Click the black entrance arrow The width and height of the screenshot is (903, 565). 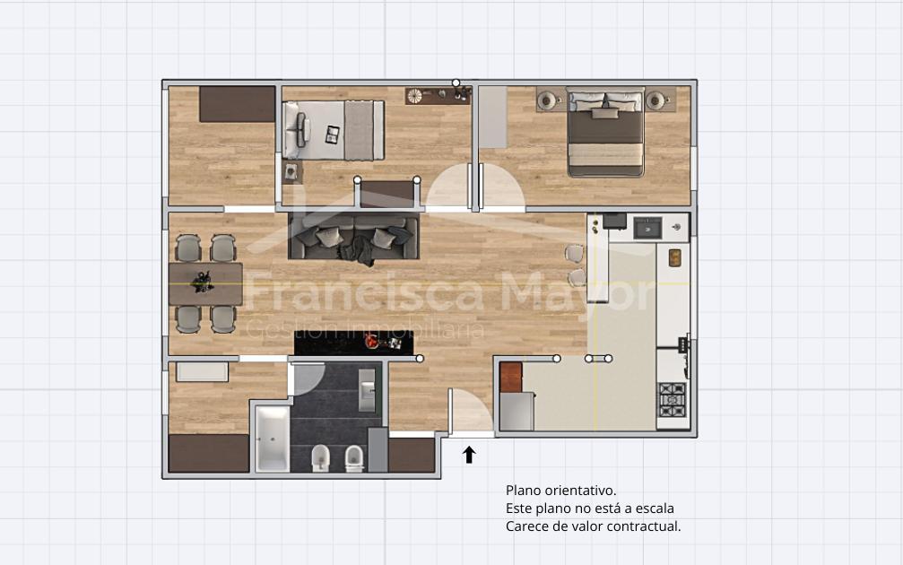469,455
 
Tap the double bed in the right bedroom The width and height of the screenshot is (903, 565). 605,132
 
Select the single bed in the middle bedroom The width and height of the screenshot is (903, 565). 334,130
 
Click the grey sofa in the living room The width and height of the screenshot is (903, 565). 353,238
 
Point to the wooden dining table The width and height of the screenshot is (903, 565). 205,284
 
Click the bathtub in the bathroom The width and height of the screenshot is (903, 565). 273,439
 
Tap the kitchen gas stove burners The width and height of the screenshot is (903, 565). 672,400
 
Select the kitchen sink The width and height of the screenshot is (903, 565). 647,228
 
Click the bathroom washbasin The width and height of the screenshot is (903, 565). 367,390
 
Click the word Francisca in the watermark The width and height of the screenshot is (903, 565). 364,292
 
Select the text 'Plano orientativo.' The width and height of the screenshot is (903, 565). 561,491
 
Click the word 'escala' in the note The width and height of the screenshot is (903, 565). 653,508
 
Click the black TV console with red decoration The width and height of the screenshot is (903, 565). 354,343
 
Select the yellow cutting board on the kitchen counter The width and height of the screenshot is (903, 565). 675,257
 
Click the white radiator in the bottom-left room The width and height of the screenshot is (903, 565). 202,371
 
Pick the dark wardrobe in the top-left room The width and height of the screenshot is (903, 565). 238,104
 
